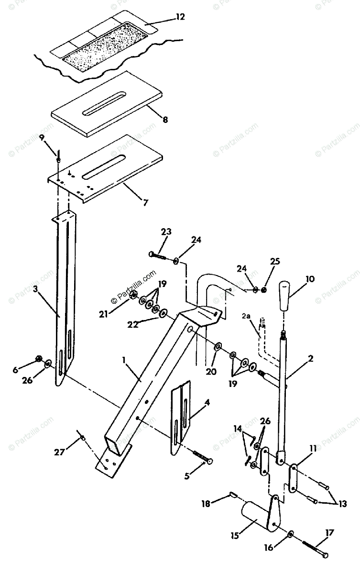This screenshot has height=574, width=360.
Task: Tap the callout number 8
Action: tap(165, 120)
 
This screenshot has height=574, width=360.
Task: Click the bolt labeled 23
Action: tap(158, 256)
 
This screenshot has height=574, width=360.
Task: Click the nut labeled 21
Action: tap(134, 295)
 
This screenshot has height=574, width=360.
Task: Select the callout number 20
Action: tap(211, 371)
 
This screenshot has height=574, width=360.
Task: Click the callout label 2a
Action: tap(246, 317)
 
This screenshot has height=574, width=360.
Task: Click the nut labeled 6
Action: tap(40, 358)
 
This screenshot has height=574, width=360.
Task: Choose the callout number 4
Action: tap(207, 403)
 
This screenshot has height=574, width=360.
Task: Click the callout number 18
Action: tap(206, 503)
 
